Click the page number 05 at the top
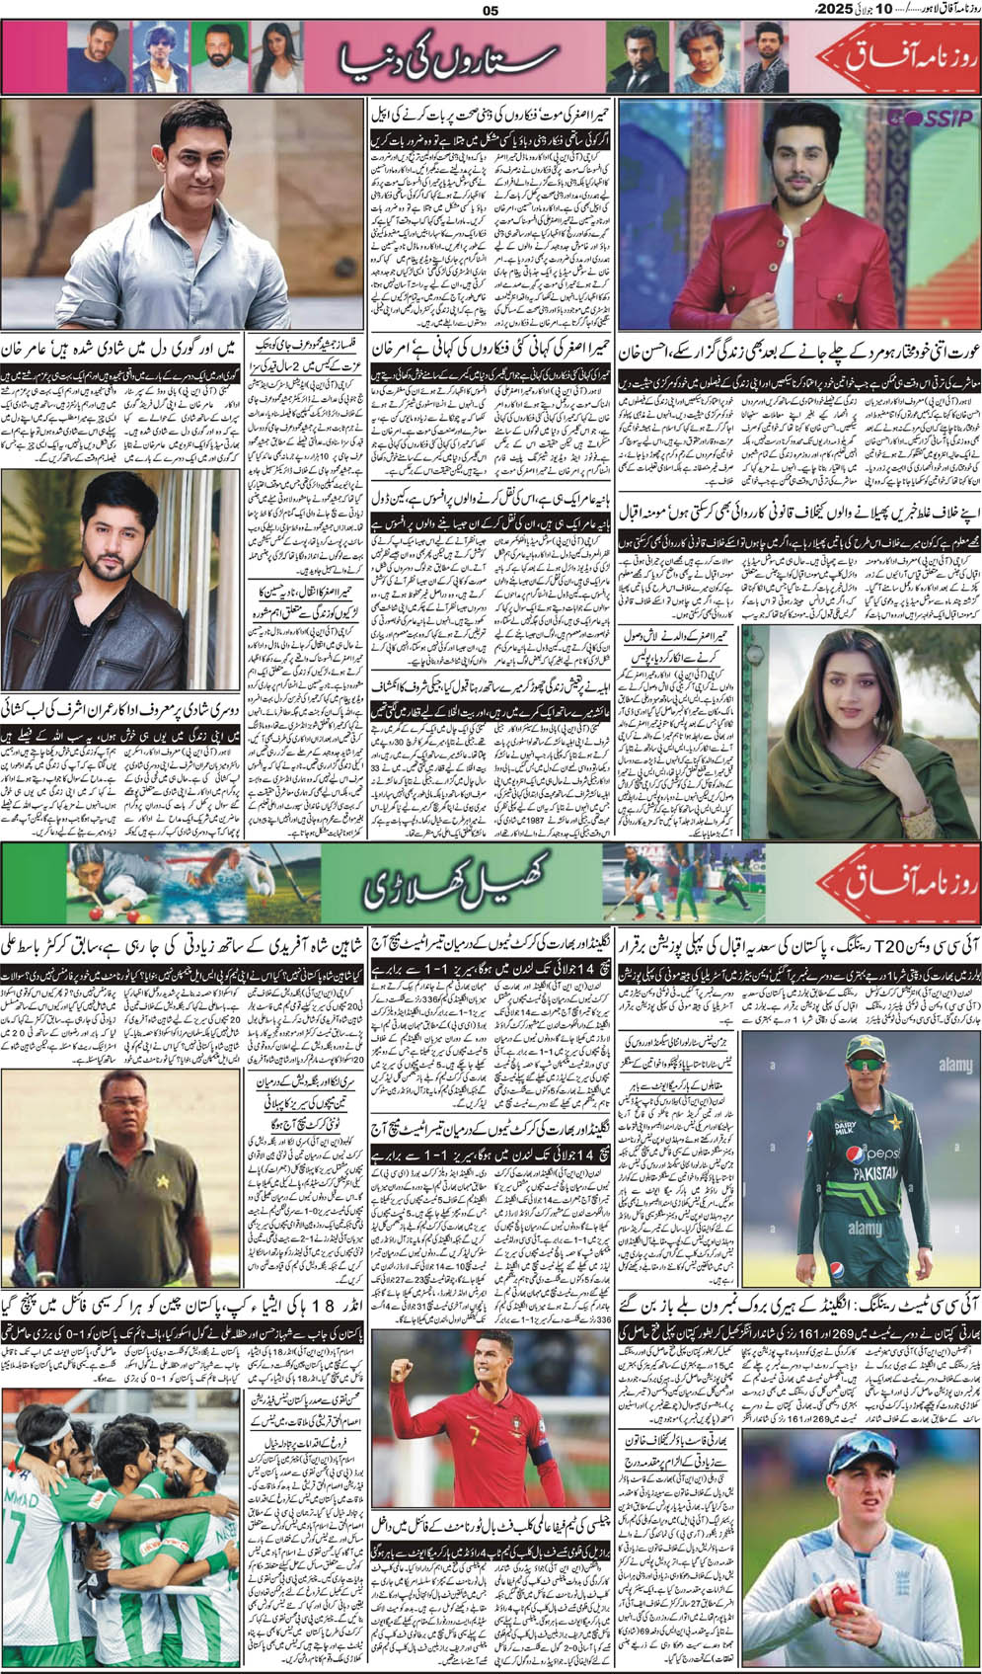[491, 12]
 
